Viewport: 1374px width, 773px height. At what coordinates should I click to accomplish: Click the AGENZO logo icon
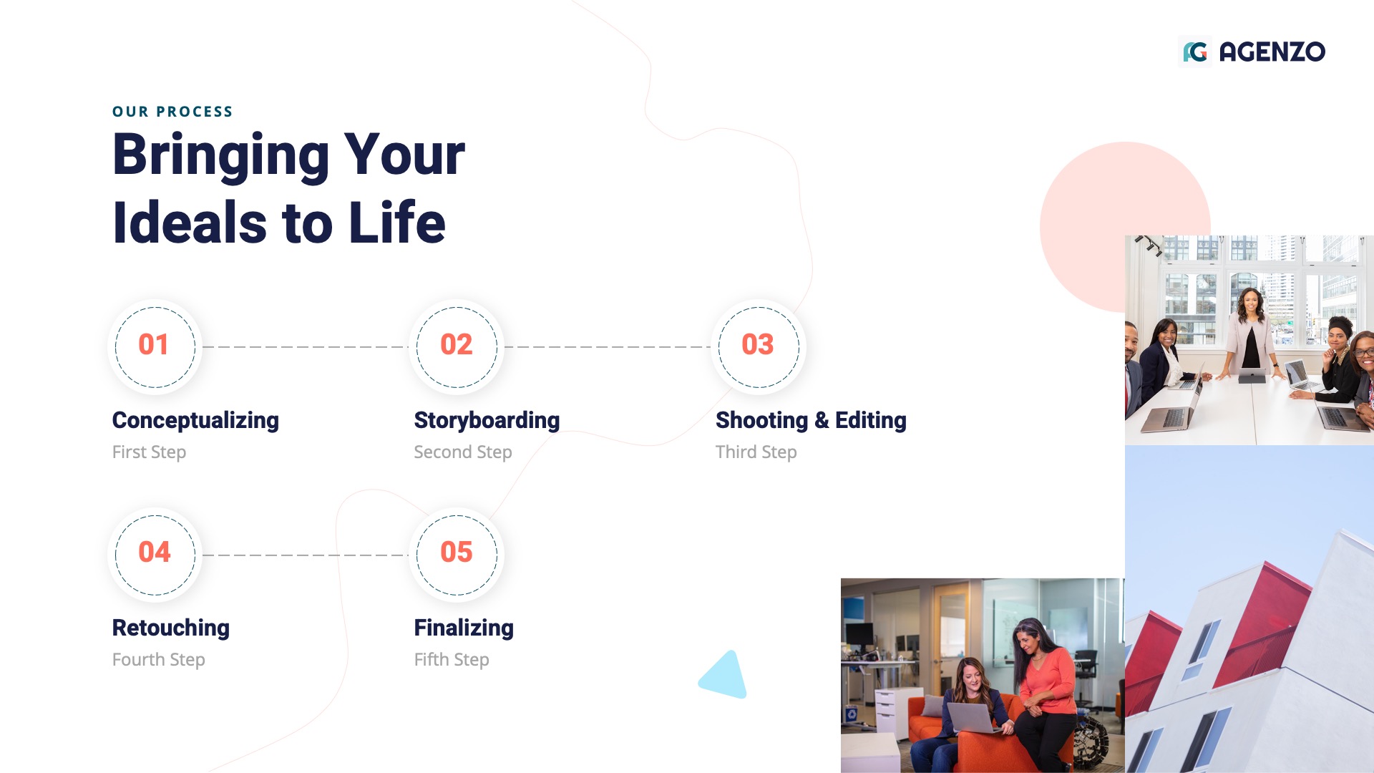[1195, 52]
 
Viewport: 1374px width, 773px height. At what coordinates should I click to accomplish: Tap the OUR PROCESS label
[172, 112]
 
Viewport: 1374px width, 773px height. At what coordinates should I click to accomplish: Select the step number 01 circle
[155, 346]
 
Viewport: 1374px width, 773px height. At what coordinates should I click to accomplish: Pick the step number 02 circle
[457, 346]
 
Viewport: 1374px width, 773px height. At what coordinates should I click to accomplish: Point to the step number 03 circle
[758, 346]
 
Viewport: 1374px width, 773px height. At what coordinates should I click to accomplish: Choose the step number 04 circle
[155, 554]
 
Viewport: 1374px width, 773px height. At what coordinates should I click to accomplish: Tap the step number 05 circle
[457, 554]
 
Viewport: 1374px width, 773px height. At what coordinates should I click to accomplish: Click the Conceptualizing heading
[195, 420]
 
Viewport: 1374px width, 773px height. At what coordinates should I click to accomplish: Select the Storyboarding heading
[487, 420]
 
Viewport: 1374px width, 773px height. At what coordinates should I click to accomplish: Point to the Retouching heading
[171, 628]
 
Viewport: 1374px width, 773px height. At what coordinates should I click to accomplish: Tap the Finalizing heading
[464, 628]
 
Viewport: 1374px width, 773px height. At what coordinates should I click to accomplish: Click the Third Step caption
[756, 452]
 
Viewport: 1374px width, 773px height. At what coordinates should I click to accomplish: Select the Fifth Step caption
[452, 660]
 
